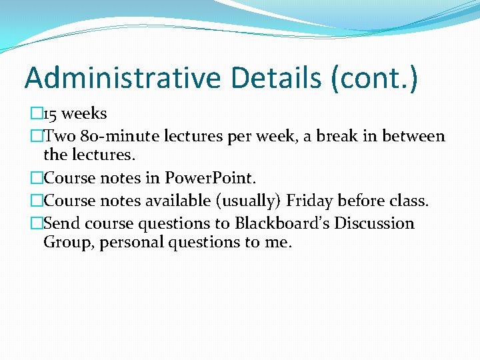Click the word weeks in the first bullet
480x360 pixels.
click(85, 114)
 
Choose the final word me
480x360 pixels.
click(278, 243)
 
